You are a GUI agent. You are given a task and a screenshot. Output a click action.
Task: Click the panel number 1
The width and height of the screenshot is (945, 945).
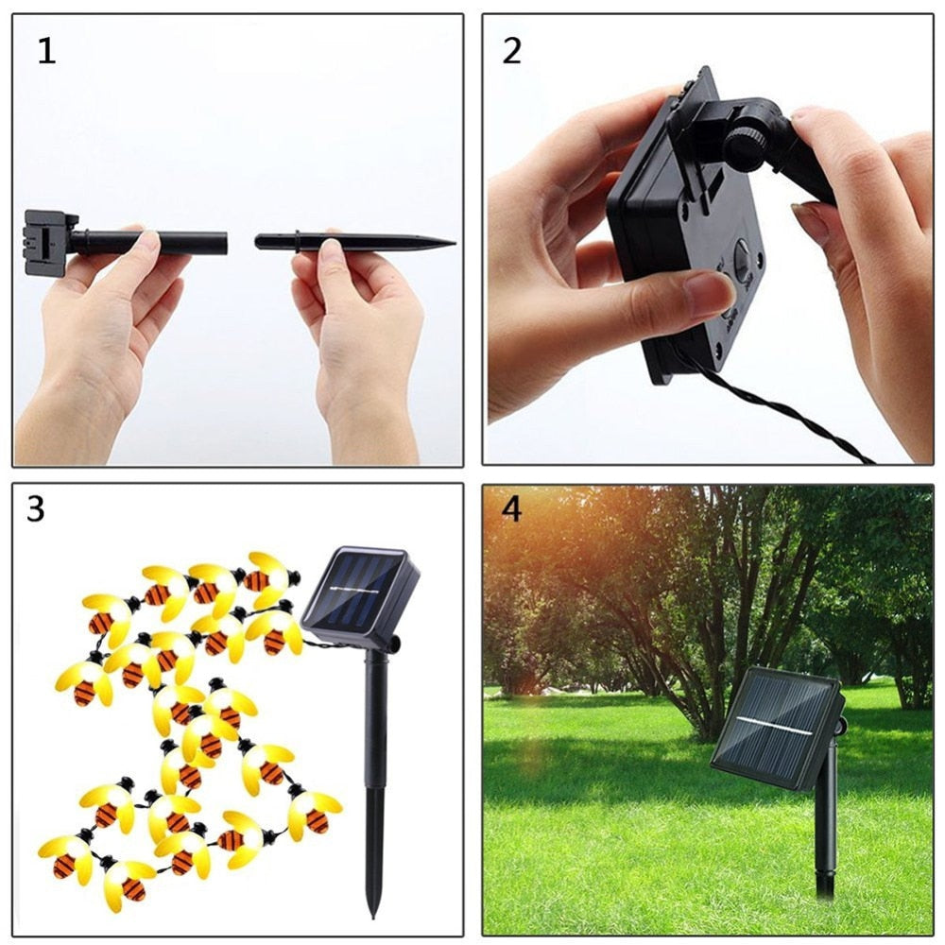pyautogui.click(x=46, y=51)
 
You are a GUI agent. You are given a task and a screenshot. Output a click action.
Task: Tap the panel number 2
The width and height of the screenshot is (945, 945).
pyautogui.click(x=511, y=51)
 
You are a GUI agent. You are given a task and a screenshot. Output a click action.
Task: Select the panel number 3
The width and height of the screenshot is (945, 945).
pyautogui.click(x=35, y=509)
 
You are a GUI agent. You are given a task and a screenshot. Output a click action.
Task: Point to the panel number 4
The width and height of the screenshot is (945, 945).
pyautogui.click(x=511, y=509)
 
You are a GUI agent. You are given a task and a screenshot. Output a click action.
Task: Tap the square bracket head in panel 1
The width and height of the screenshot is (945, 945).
pyautogui.click(x=44, y=242)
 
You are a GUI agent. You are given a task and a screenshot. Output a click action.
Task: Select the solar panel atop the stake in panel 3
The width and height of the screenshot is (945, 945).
pyautogui.click(x=361, y=593)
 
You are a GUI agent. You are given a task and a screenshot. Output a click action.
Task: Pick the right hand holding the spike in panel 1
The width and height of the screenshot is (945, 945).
pyautogui.click(x=359, y=321)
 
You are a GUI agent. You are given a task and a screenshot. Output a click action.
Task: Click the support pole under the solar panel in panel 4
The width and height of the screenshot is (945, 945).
pyautogui.click(x=827, y=822)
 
